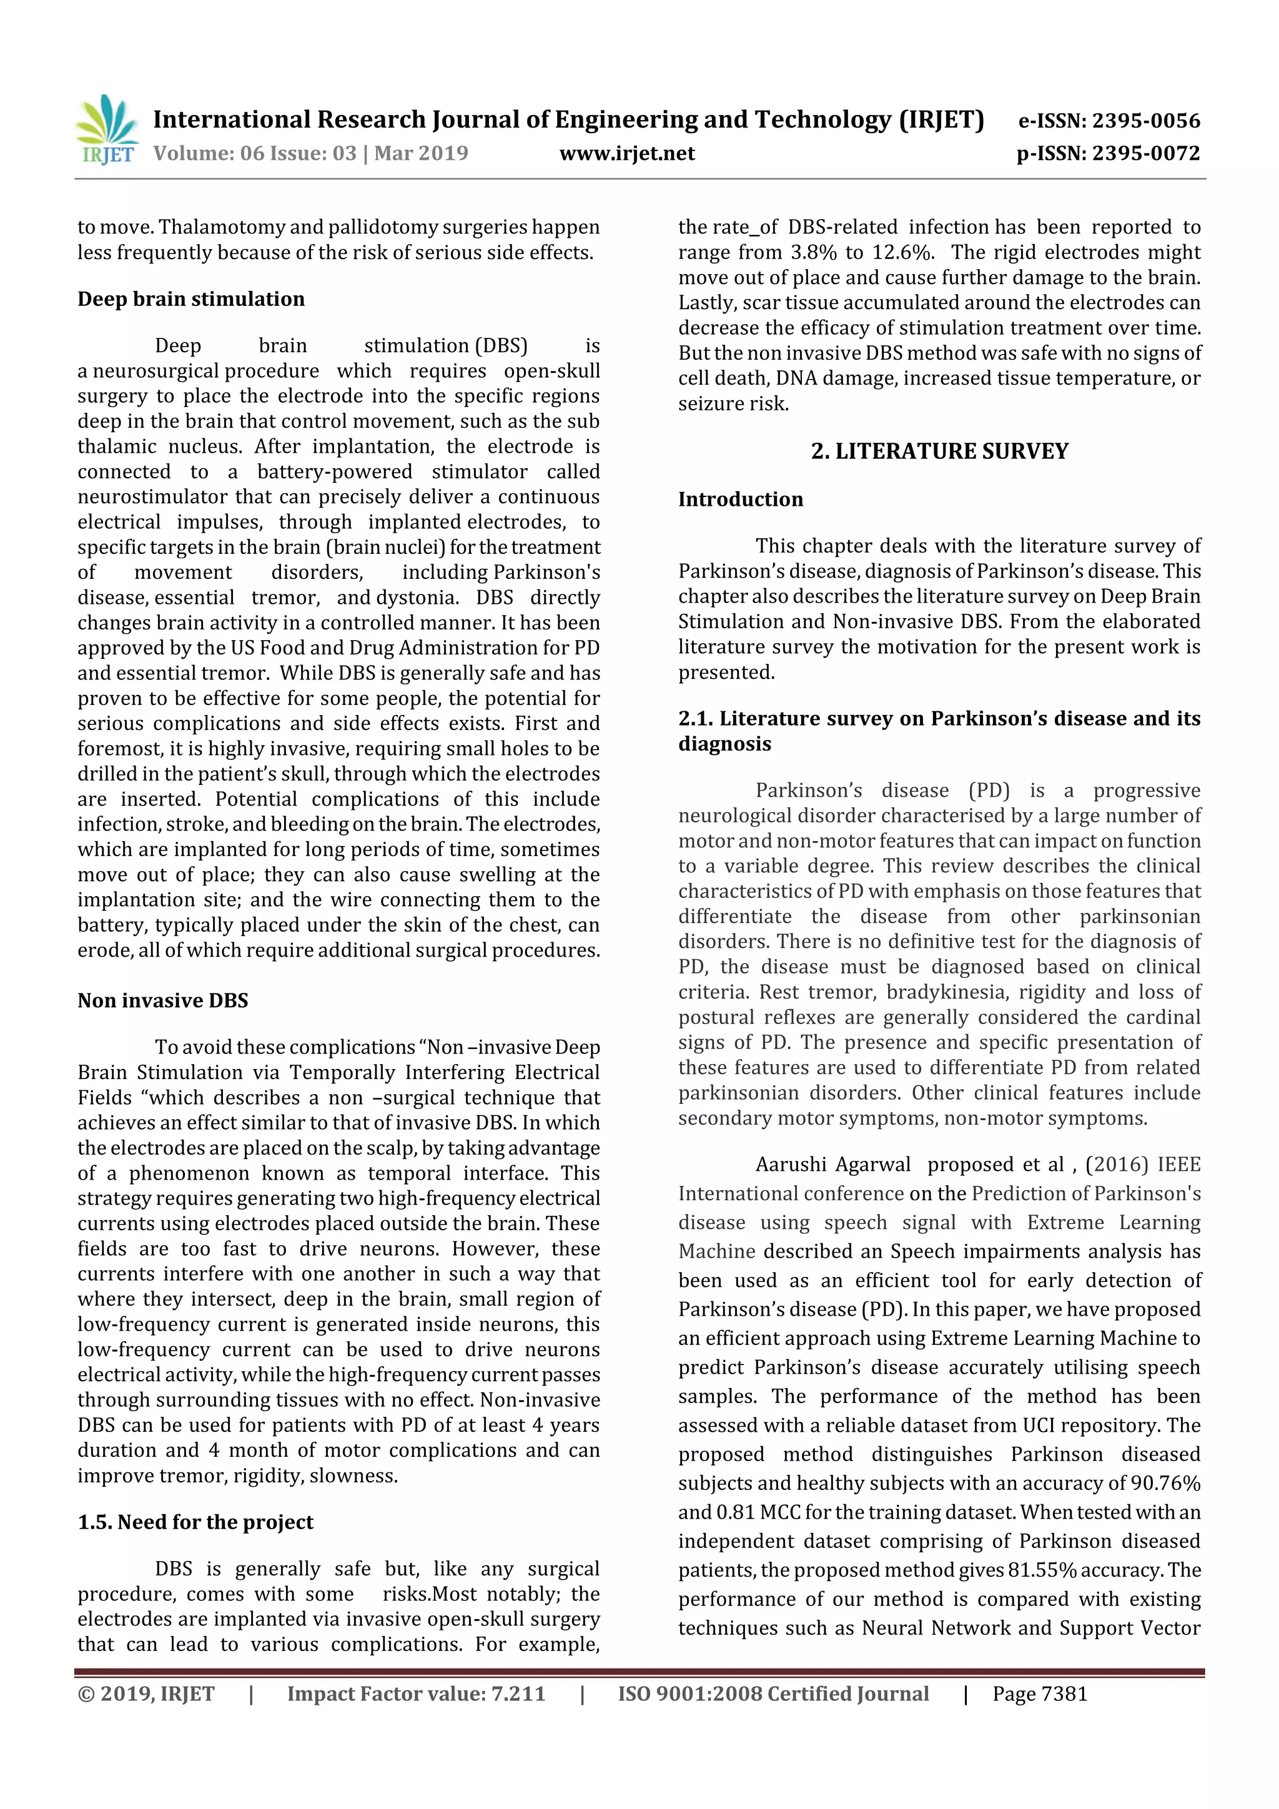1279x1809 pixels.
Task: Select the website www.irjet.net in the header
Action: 626,153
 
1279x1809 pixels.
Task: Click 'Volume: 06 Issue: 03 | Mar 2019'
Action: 310,153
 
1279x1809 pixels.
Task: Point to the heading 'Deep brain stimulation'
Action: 190,299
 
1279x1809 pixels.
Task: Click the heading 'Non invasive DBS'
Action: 162,1000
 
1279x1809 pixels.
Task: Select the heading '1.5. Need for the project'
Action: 195,1522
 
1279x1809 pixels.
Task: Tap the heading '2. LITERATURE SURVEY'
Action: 939,451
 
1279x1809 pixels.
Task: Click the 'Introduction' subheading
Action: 740,500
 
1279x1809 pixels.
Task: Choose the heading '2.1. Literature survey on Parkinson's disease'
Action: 939,719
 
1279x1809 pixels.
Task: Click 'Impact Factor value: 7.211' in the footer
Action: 416,1694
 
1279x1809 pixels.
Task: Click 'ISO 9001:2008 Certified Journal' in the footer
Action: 773,1694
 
